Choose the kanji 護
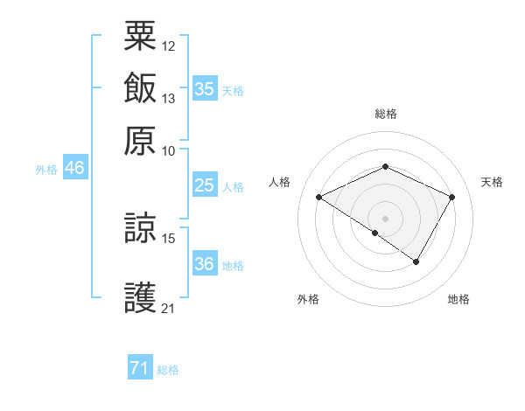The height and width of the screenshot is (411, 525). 140,296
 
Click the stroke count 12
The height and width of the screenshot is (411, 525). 169,45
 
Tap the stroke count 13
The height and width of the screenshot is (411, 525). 169,98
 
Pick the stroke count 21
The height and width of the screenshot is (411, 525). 169,308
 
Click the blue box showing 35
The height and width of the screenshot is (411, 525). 204,89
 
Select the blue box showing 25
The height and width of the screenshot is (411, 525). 204,185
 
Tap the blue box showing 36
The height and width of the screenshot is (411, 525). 204,264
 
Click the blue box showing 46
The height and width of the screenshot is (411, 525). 74,169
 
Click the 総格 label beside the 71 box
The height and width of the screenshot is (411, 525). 168,370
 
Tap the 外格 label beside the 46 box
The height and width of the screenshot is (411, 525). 46,170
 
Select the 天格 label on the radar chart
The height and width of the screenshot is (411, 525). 492,182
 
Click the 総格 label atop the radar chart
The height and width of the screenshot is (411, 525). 385,114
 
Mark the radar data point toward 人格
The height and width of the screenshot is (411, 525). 319,198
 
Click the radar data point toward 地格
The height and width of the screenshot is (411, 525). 416,261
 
